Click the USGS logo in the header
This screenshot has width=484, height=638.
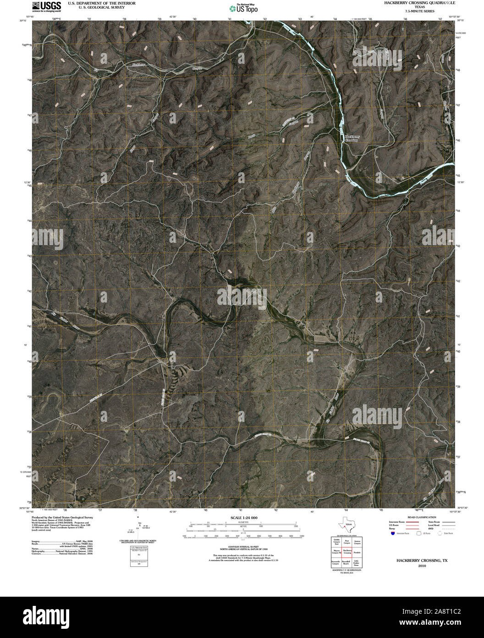coord(46,6)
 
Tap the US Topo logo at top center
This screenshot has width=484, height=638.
coord(243,8)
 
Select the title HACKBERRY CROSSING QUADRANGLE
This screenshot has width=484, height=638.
coord(416,3)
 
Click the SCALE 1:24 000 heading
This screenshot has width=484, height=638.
coord(242,517)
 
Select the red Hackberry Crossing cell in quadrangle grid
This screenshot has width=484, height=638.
coord(347,552)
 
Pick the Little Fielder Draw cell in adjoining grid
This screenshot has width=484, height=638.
coord(357,562)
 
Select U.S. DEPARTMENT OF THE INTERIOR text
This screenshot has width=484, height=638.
coord(101,3)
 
